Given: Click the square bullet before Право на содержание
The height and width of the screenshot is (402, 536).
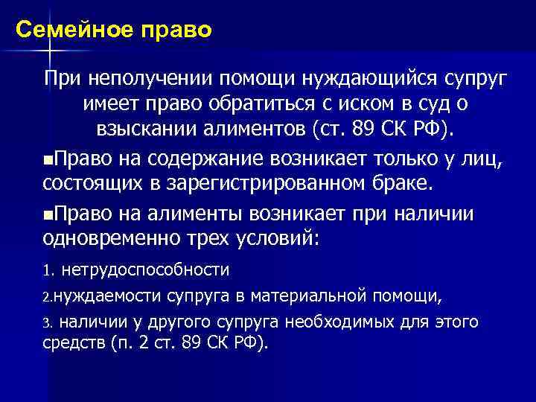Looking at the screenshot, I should click(x=48, y=157).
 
